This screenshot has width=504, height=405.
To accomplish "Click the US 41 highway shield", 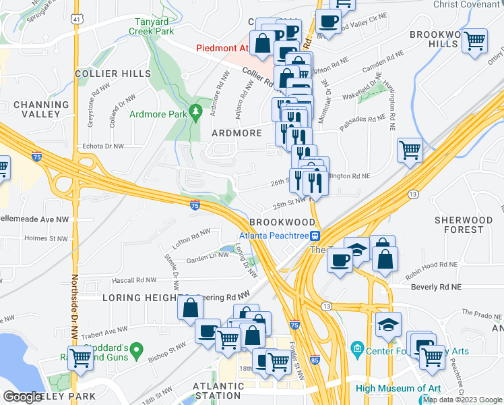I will pos(77,20).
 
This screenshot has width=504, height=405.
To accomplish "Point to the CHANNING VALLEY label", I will pos(41,110).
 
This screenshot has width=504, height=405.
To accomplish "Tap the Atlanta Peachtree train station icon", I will pos(314,236).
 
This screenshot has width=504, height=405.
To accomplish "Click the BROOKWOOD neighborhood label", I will pos(282,222).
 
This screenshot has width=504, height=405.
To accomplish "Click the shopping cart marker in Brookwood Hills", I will pos(475,40).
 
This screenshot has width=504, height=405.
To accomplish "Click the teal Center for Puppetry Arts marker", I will pos(356,349).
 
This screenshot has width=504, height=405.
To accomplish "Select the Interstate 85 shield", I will pos(314,360).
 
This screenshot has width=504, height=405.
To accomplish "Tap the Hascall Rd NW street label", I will pos(137,280).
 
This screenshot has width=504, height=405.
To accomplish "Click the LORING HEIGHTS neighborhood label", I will pos(141,298).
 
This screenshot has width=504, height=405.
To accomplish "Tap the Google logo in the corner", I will pos(23,397).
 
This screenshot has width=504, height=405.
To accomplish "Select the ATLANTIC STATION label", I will pos(217,391).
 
